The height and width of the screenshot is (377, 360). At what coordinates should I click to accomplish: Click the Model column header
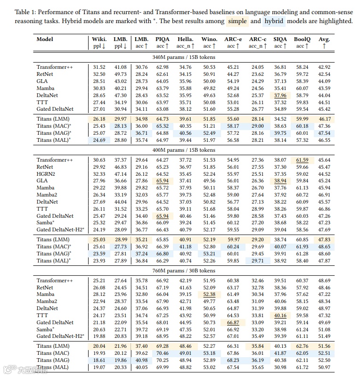coord(45,40)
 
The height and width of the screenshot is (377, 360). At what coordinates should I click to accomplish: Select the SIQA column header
coord(280,40)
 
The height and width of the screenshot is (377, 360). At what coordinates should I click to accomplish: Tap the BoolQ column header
coord(302,40)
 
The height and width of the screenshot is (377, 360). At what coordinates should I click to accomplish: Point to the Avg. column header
coord(324,40)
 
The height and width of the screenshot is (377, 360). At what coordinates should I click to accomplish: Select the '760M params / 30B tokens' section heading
coord(183,271)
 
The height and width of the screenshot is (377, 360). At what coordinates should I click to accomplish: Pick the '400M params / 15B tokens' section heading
coord(183,150)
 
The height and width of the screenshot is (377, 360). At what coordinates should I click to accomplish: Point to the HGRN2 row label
coord(45,174)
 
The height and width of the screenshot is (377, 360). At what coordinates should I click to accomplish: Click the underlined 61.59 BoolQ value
coord(302,160)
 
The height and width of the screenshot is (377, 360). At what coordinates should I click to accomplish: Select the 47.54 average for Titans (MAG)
coord(324,133)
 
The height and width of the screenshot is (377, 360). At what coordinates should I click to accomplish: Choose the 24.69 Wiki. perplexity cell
coord(99,140)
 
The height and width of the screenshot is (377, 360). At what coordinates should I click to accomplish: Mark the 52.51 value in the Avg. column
coord(324,353)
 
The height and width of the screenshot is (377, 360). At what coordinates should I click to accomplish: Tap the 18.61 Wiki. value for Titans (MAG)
coord(99,361)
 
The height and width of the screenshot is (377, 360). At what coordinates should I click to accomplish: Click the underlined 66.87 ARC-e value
coord(233,323)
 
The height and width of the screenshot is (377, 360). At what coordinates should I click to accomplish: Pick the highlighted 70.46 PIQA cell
coord(163,353)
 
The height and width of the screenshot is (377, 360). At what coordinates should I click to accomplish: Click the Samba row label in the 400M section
coord(45,223)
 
